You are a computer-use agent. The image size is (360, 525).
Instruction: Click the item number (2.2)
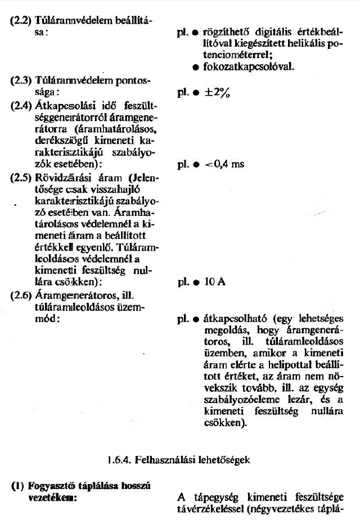click(22, 19)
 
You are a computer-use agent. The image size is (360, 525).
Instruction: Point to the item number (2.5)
click(22, 179)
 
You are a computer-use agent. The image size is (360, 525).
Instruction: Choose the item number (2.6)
click(22, 293)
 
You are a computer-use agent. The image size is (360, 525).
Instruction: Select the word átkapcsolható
click(222, 319)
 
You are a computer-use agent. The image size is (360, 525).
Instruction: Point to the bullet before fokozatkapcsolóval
click(195, 66)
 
